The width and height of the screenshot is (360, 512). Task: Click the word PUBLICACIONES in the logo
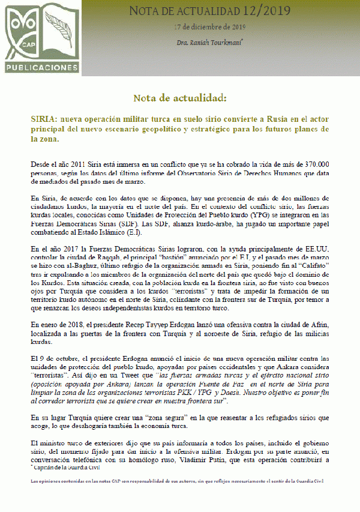coord(42,67)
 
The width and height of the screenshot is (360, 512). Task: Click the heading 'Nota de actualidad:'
coord(179,97)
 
